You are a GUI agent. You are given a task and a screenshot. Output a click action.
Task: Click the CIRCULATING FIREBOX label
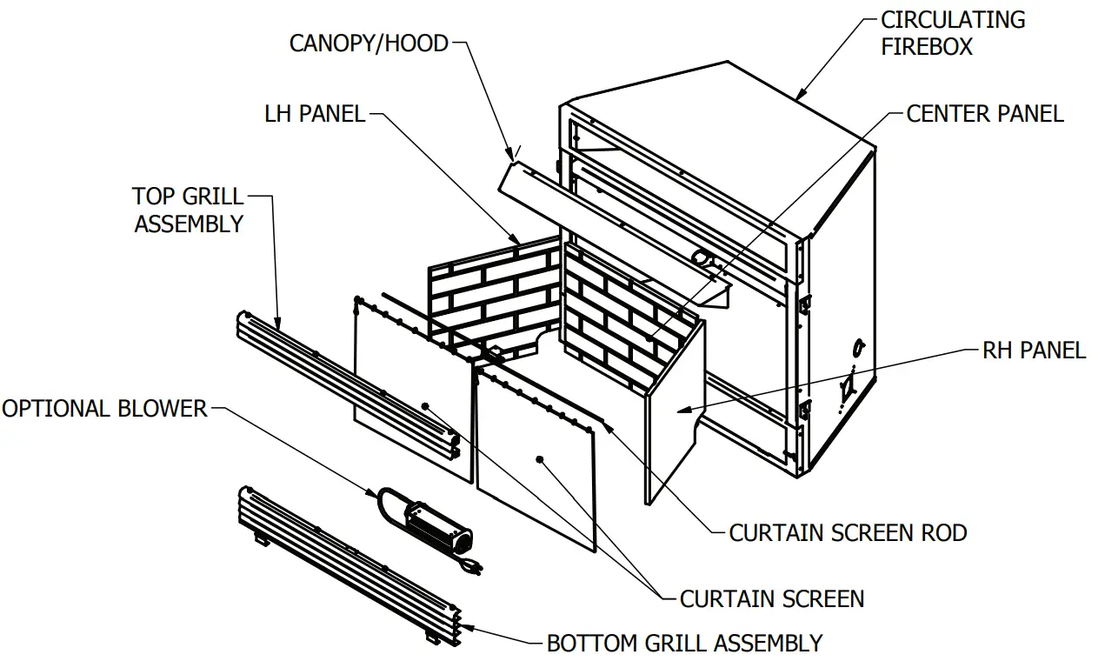[x=952, y=33]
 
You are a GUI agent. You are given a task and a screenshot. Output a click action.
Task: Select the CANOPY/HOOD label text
[x=369, y=43]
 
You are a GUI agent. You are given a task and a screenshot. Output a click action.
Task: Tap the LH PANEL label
[x=315, y=113]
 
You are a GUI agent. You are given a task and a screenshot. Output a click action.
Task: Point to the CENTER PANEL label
[x=984, y=113]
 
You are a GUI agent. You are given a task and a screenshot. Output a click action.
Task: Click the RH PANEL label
[x=1034, y=350]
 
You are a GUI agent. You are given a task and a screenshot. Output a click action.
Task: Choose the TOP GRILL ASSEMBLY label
[x=189, y=210]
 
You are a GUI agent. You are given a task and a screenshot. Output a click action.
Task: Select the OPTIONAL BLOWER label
[x=104, y=408]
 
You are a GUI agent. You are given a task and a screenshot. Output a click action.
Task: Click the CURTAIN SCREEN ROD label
[x=848, y=532]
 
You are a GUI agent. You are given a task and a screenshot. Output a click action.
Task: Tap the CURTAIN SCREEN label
[x=771, y=598]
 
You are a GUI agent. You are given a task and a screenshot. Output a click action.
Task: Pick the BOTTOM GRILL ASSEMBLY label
[x=684, y=643]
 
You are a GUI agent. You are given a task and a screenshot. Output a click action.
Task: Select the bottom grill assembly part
[x=348, y=565]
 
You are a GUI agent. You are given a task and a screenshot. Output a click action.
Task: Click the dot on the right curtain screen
[x=540, y=458]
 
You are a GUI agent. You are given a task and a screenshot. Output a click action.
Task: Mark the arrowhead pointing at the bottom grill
[x=468, y=625]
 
